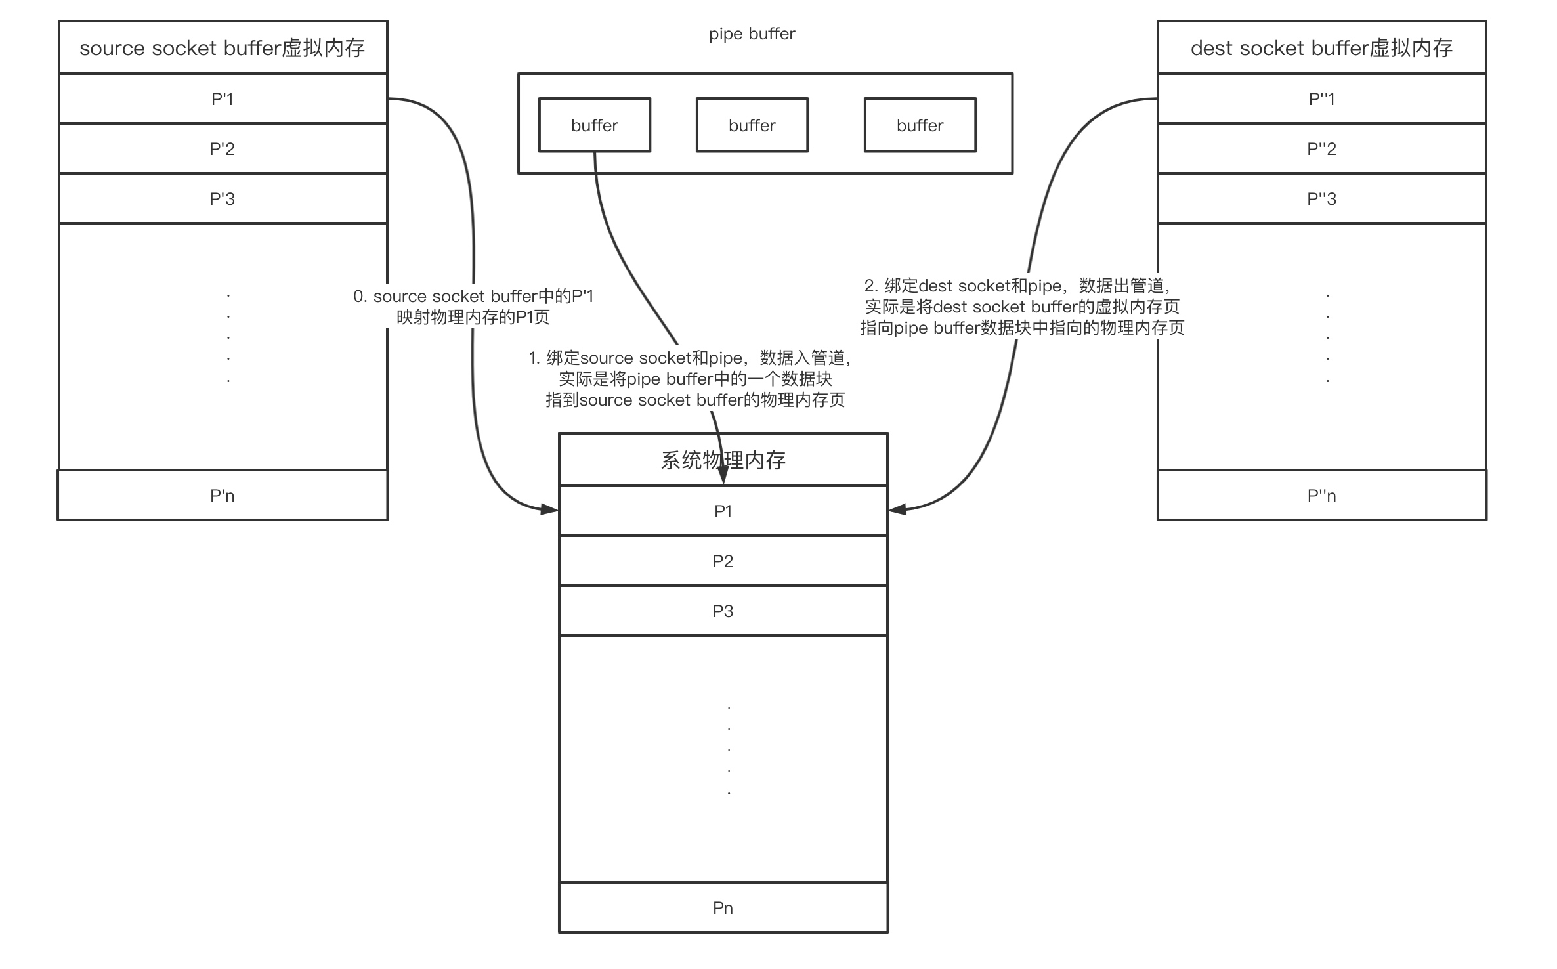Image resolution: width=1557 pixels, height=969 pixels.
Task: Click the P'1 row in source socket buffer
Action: point(223,98)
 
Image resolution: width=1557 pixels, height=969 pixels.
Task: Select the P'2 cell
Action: point(223,148)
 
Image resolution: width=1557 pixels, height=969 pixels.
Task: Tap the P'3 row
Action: point(223,198)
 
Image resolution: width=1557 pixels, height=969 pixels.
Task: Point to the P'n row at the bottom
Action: point(223,495)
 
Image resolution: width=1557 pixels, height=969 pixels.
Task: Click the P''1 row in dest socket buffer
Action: point(1321,98)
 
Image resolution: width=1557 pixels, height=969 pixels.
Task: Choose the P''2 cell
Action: point(1321,148)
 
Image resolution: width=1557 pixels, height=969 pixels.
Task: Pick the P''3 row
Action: point(1321,198)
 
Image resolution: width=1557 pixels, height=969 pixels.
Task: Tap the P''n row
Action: point(1321,495)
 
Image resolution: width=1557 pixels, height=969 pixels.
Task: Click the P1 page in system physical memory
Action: point(723,511)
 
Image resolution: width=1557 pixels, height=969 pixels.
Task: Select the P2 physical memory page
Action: point(723,561)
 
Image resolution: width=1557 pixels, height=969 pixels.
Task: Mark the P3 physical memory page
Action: point(723,611)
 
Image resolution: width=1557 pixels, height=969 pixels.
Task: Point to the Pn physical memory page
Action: point(723,907)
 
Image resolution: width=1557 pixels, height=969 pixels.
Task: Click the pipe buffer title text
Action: point(752,33)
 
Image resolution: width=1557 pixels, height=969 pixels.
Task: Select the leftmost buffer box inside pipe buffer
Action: point(594,125)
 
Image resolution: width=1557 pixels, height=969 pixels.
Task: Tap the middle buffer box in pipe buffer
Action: point(752,125)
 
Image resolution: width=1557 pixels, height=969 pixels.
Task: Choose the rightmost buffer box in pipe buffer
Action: point(920,125)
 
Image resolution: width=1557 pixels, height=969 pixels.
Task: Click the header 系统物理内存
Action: point(723,460)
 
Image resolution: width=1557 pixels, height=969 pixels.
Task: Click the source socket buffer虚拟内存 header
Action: point(223,47)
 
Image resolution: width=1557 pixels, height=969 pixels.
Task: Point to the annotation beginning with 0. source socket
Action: point(473,307)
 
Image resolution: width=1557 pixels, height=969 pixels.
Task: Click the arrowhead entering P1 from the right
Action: point(897,509)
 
